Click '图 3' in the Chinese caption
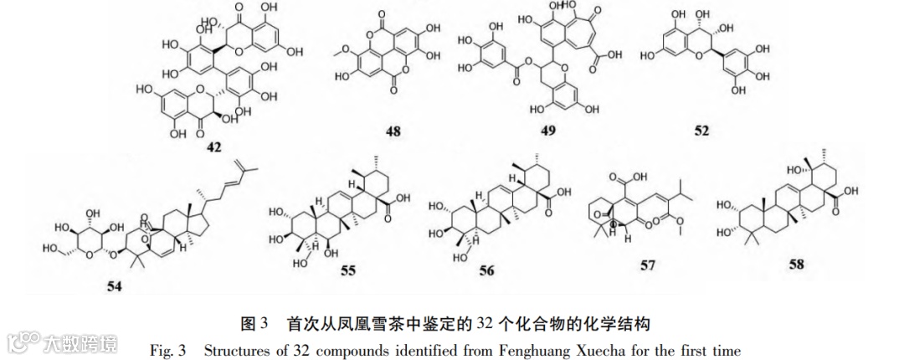pos(254,322)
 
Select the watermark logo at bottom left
pos(63,342)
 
